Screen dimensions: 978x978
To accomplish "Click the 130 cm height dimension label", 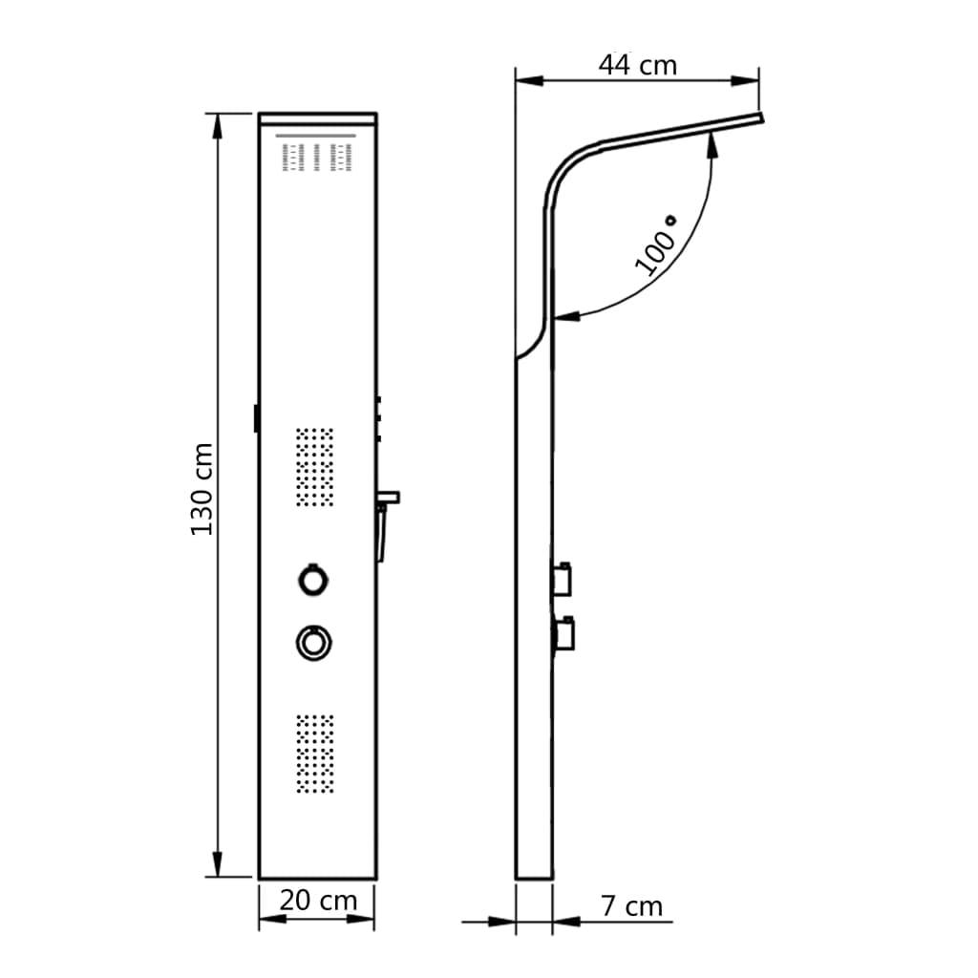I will (202, 488).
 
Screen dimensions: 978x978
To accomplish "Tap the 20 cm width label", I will (318, 900).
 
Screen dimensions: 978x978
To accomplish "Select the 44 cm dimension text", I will (637, 65).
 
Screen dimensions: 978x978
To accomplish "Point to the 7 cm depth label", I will (632, 905).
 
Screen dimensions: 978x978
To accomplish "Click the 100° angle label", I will (656, 246).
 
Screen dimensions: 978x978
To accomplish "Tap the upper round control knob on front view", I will (312, 579).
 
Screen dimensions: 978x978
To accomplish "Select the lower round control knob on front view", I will (312, 641).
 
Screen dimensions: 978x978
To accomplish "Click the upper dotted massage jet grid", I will (314, 466).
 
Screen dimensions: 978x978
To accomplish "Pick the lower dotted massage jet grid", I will (314, 754).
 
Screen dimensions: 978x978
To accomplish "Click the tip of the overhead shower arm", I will (761, 118).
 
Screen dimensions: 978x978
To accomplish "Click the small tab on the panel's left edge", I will (255, 418).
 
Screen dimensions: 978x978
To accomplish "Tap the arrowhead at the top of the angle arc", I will (712, 141).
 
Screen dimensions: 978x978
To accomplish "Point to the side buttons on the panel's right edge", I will (379, 420).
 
